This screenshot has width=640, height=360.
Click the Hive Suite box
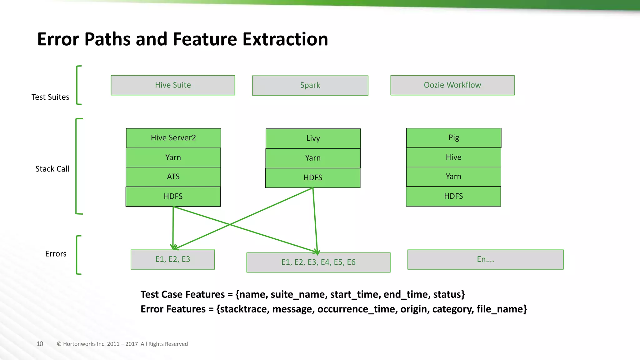coord(173,85)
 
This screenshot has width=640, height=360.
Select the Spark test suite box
coord(310,85)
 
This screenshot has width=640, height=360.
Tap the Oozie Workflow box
coord(452,85)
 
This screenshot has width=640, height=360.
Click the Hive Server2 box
coord(173,138)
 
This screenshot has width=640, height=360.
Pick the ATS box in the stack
coord(173,177)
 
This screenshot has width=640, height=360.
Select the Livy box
coord(313,138)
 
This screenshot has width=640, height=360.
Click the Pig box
coord(454,137)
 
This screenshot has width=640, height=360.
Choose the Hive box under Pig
coord(453,157)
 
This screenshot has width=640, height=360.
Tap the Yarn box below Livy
coord(313,158)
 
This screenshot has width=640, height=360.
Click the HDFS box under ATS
coord(173,197)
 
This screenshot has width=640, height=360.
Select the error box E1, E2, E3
coord(173,259)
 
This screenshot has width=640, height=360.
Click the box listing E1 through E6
coord(318,262)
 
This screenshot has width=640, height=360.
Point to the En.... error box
coord(485,259)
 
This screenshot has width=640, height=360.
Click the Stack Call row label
coord(52,169)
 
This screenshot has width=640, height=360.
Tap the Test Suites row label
coord(50,97)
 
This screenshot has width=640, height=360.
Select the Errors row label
coord(56,254)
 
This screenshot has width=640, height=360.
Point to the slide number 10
coord(40,344)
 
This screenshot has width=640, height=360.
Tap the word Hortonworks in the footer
coord(79,344)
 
